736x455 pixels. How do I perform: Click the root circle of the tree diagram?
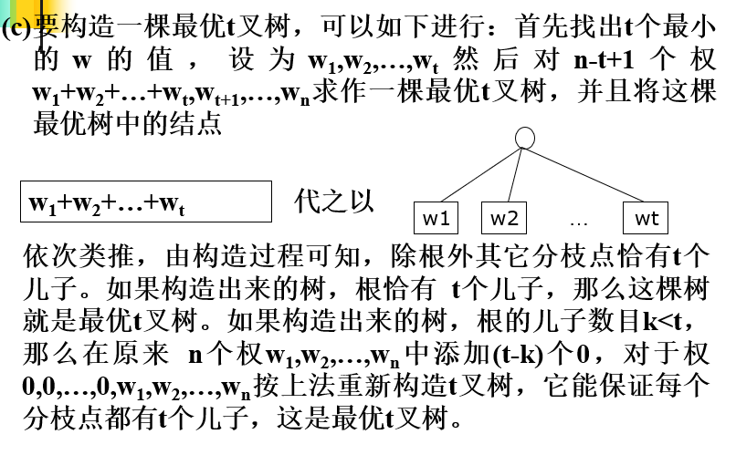(x=525, y=138)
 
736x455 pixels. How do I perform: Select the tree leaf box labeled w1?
(x=436, y=219)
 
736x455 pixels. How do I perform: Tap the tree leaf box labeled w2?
(x=504, y=219)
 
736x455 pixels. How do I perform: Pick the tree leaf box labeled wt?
(x=647, y=219)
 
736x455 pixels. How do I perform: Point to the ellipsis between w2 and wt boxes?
(x=578, y=220)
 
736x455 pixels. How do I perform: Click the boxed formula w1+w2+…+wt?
(x=145, y=202)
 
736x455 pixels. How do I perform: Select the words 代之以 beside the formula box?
(x=334, y=202)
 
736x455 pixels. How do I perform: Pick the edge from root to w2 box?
(x=515, y=174)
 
